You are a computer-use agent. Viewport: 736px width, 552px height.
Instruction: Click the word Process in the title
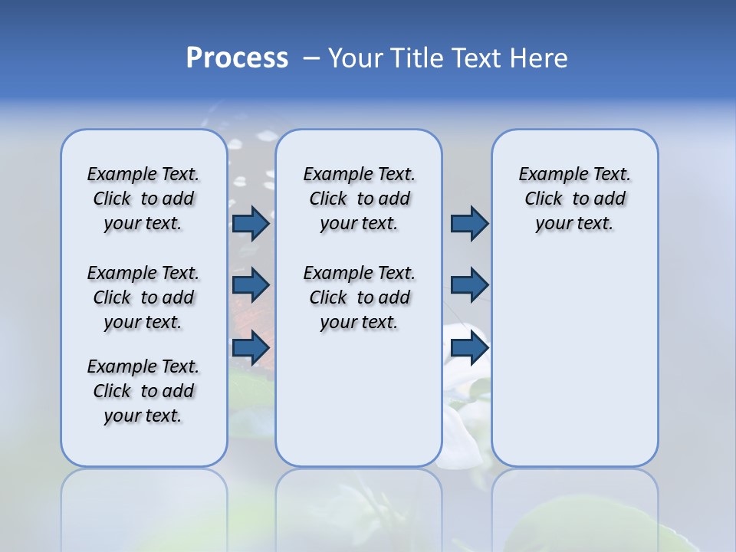click(x=237, y=58)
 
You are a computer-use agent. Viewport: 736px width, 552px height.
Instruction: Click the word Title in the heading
click(x=415, y=58)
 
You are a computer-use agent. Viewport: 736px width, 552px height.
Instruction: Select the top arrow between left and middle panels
click(x=251, y=224)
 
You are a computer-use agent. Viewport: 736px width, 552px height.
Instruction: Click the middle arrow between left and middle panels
click(x=251, y=285)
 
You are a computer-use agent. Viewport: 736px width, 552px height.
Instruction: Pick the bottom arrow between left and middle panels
click(x=251, y=347)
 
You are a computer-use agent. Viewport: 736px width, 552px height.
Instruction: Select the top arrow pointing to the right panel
click(x=469, y=224)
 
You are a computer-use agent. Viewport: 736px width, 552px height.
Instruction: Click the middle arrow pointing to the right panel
click(x=469, y=285)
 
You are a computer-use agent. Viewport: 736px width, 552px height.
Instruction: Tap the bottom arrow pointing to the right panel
click(x=469, y=347)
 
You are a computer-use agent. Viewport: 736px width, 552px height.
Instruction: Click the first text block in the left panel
click(x=143, y=199)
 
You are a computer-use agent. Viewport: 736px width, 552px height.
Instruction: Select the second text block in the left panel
click(x=143, y=297)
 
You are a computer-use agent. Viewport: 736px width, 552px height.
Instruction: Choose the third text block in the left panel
click(x=143, y=391)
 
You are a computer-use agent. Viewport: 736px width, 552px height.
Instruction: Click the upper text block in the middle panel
click(x=359, y=199)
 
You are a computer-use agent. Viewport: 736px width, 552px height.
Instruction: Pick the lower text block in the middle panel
click(x=359, y=297)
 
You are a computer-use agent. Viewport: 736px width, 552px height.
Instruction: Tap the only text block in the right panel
click(x=575, y=199)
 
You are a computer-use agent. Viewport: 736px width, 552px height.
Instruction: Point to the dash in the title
click(x=311, y=58)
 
